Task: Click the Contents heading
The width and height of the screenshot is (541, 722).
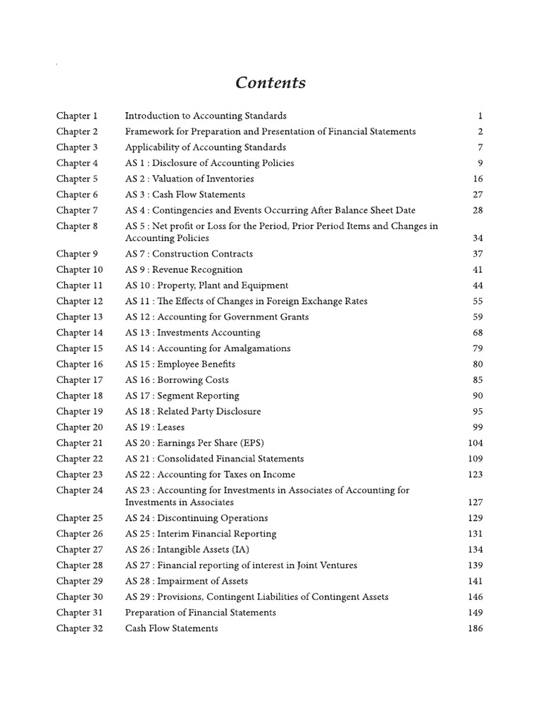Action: (270, 83)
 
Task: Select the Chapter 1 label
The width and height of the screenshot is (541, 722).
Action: (77, 116)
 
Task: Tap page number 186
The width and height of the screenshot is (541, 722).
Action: (475, 628)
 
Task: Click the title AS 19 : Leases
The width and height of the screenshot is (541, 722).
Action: (155, 427)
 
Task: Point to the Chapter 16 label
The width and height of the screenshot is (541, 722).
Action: (80, 365)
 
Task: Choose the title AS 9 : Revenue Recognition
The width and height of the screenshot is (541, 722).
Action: (184, 270)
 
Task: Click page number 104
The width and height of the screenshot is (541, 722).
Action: (475, 443)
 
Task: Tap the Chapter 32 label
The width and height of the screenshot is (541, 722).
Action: (80, 628)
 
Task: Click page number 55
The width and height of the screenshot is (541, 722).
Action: (478, 301)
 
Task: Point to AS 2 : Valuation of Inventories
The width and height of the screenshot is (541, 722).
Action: (189, 179)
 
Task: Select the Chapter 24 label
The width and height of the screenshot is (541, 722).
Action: (80, 491)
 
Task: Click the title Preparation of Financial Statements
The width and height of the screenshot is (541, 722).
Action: (201, 613)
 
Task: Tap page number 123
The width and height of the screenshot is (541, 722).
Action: (475, 475)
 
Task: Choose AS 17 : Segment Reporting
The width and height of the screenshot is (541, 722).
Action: (182, 396)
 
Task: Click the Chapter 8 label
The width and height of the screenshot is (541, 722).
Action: (77, 226)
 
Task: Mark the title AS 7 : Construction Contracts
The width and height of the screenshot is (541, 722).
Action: (189, 254)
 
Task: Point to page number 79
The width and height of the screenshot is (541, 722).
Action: (478, 348)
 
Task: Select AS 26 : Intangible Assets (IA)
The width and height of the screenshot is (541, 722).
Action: (187, 550)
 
